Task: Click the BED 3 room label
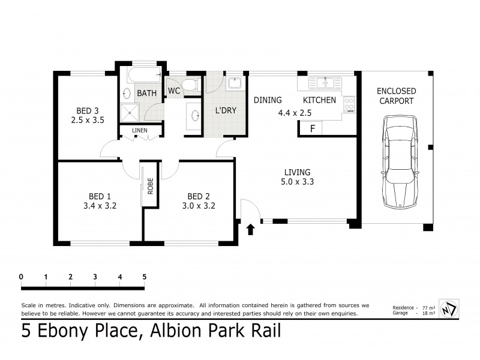point(87,110)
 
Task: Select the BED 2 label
point(198,196)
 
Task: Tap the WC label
point(174,91)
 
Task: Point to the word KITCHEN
point(319,100)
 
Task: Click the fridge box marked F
point(311,128)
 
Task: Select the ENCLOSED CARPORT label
point(396,96)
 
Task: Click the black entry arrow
point(250,228)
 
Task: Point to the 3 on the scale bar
point(95,277)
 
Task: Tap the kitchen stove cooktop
point(349,104)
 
